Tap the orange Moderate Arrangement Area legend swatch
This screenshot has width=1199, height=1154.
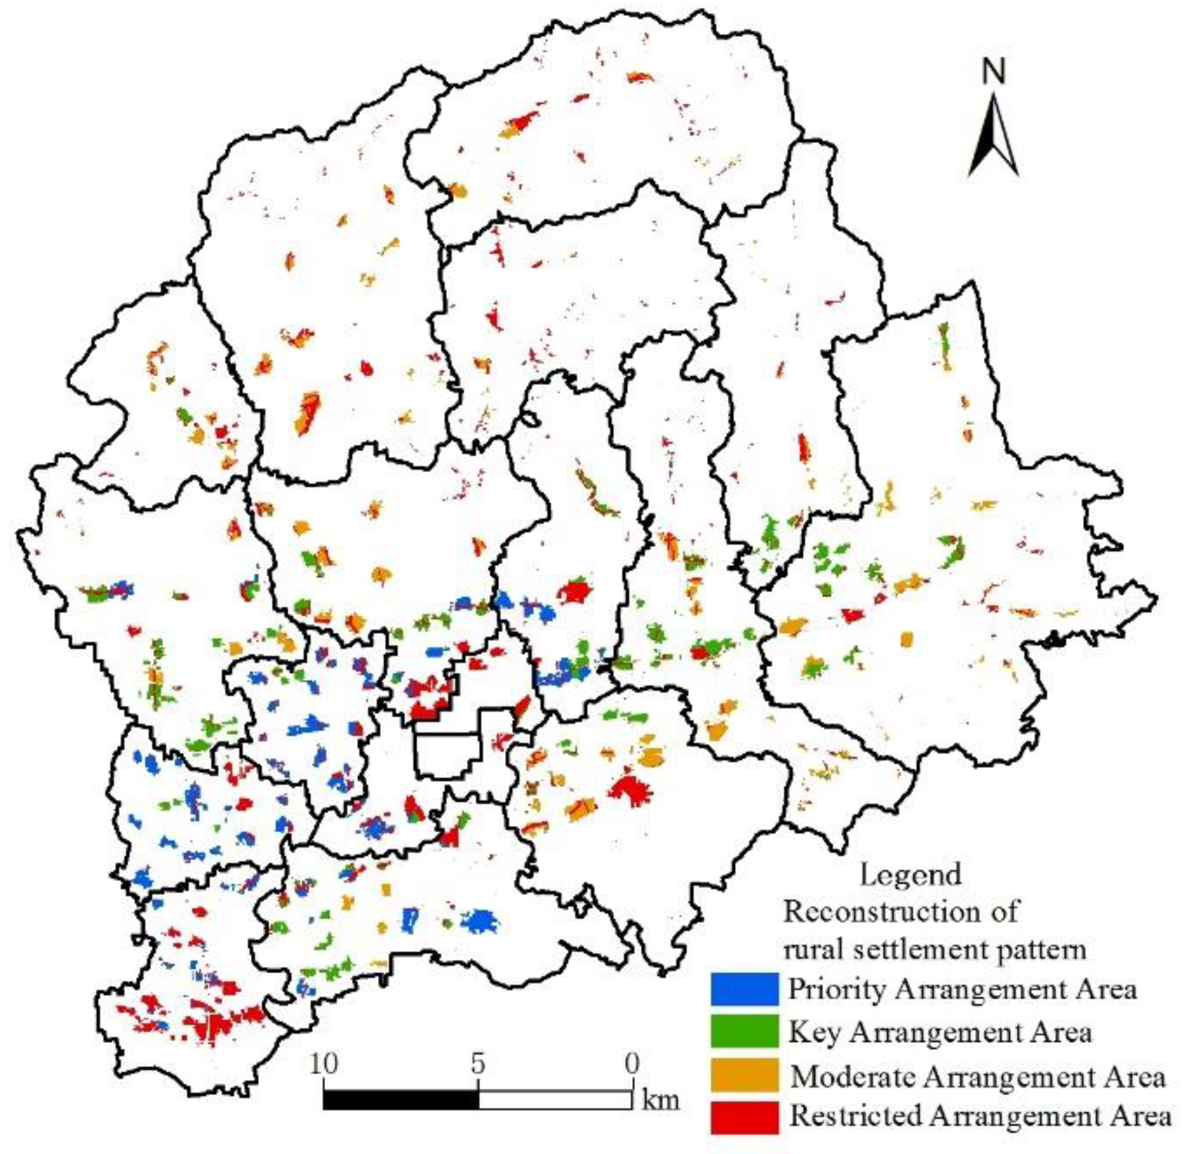[x=744, y=1075]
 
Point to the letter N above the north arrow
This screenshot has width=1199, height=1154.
[x=993, y=71]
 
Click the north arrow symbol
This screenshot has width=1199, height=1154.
[x=993, y=137]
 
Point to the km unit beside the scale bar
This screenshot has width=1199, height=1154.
[x=660, y=1100]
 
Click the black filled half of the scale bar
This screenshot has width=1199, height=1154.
[x=400, y=1100]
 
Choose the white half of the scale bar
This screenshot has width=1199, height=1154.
[x=555, y=1100]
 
